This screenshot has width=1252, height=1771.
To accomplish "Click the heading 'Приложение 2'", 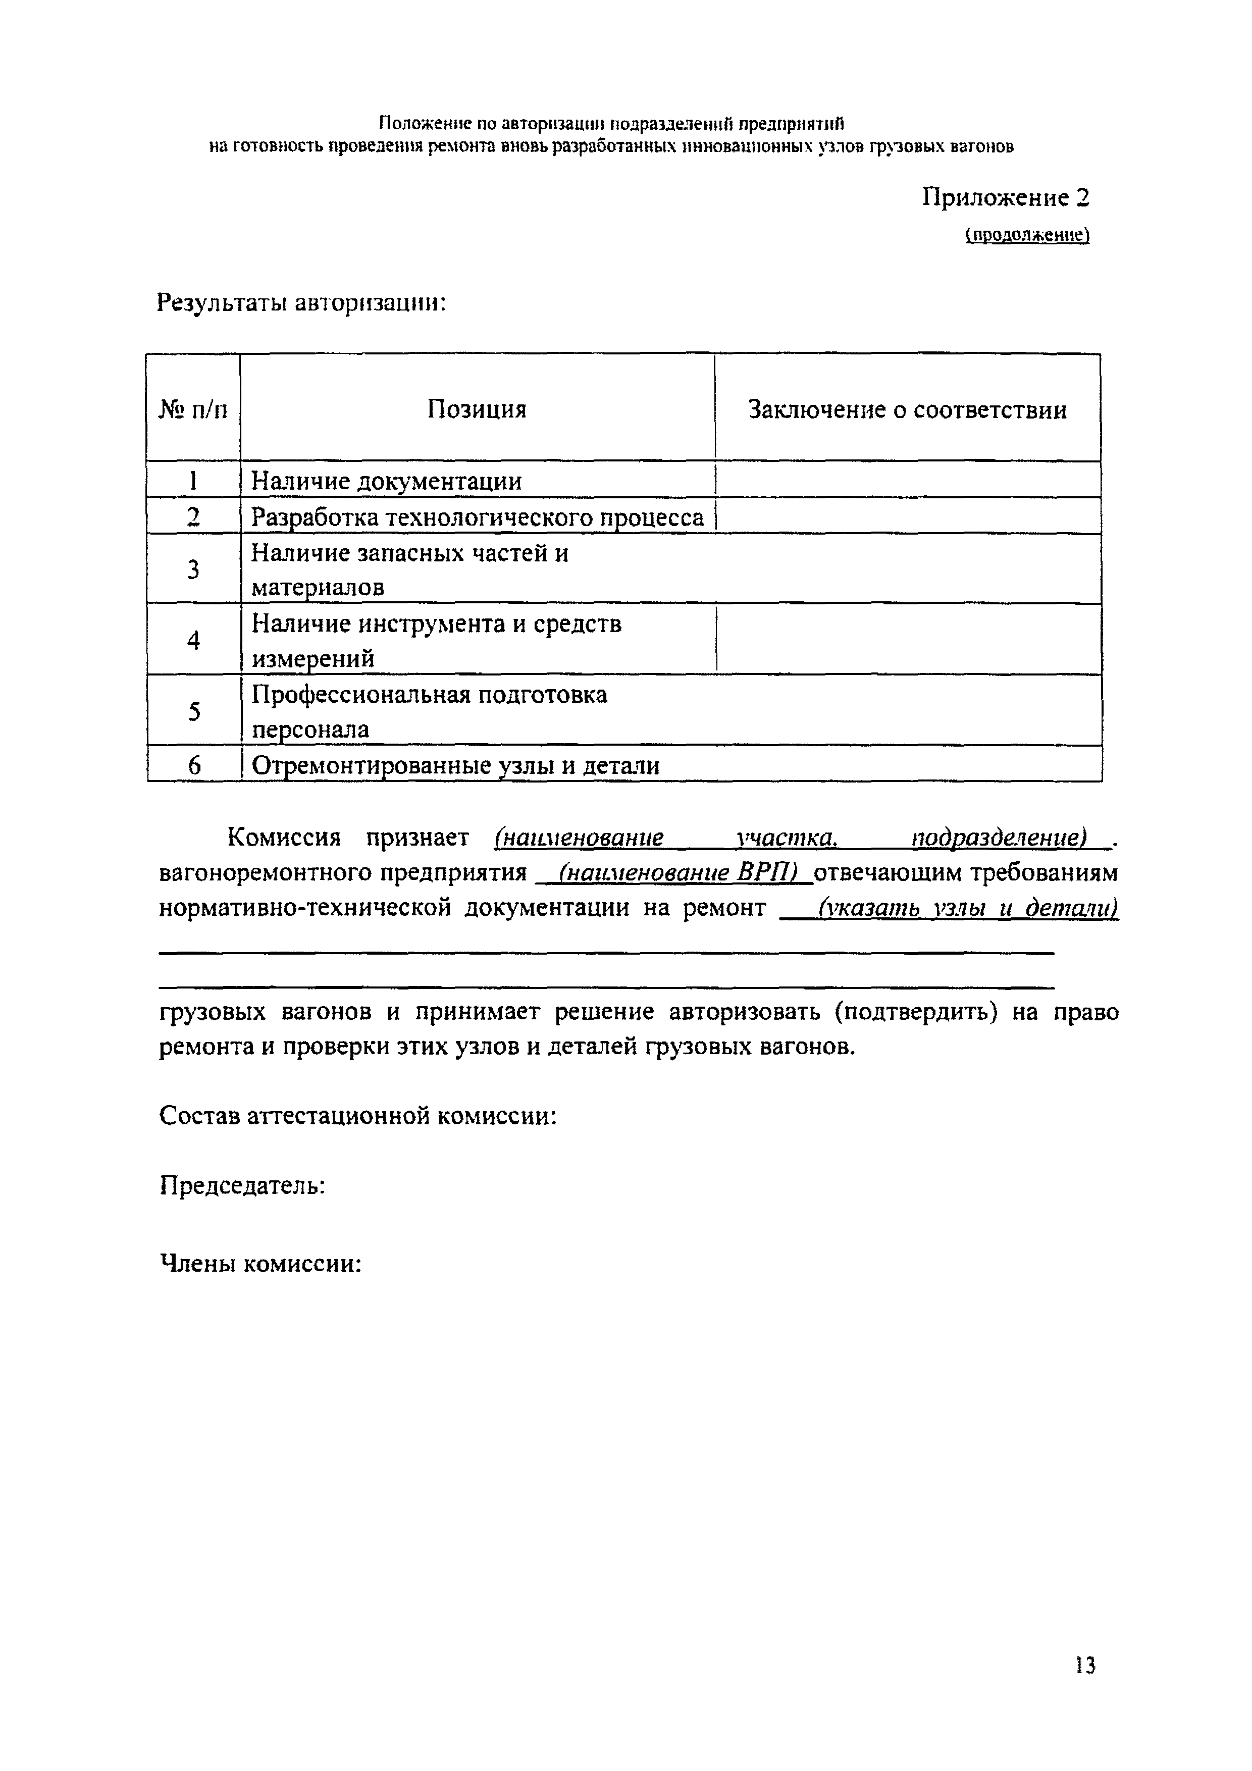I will tap(1006, 198).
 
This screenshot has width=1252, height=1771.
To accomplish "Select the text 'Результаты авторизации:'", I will tap(301, 303).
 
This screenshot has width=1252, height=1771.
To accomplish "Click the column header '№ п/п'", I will tap(193, 409).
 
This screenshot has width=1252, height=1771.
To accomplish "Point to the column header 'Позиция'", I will tap(477, 409).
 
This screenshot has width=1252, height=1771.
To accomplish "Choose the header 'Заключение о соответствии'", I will tap(907, 409).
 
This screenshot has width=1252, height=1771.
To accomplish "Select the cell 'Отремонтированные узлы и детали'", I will tap(456, 766).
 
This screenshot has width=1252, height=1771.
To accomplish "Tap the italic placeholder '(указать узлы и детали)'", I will tap(968, 908).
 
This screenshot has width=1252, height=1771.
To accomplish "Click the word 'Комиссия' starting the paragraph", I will tap(284, 838).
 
